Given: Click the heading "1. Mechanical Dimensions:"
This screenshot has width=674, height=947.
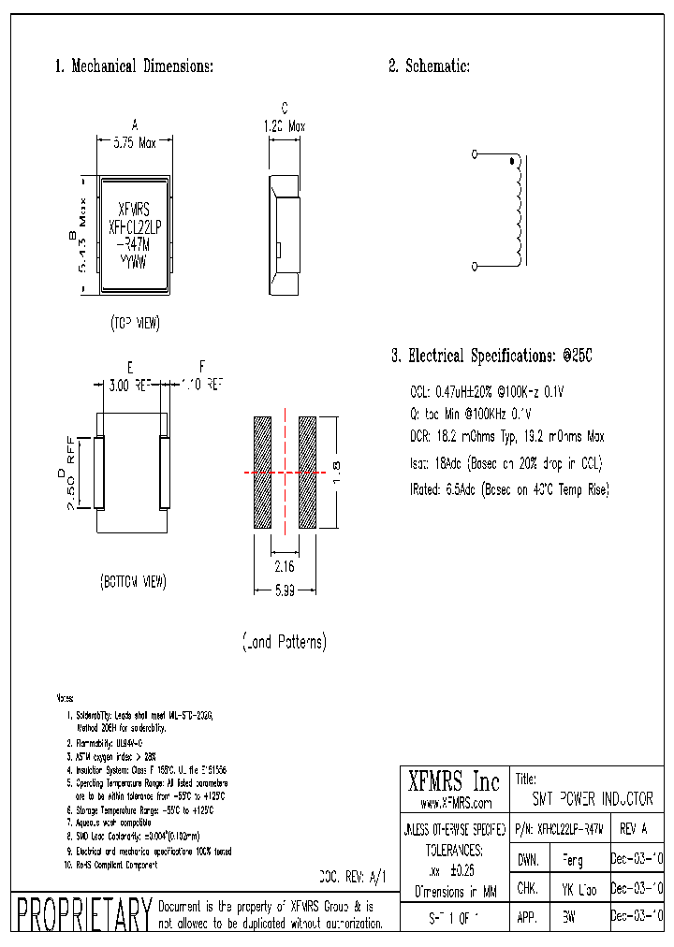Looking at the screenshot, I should click(134, 66).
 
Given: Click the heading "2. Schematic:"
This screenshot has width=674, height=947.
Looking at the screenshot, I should click(429, 66).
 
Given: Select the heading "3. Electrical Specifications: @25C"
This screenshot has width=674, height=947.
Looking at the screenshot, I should click(491, 357).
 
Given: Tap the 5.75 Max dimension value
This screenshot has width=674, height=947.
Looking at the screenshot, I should click(135, 144).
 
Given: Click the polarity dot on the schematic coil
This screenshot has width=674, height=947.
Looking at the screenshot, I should click(511, 163).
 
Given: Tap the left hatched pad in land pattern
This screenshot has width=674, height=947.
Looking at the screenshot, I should click(261, 473).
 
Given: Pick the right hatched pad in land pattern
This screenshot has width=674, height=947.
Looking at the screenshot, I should click(308, 473).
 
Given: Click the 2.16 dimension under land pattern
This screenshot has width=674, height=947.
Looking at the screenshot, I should click(285, 567).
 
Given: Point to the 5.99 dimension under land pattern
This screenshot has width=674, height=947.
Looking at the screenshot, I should click(285, 591).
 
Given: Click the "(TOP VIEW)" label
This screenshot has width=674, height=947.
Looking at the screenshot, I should click(135, 323).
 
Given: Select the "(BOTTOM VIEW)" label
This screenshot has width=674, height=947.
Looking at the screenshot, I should click(133, 581).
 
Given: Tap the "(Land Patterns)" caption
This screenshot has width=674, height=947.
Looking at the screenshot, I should click(285, 642).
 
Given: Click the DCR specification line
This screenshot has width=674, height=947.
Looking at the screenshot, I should click(507, 436).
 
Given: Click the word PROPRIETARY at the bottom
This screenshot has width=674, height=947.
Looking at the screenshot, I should click(83, 914).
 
